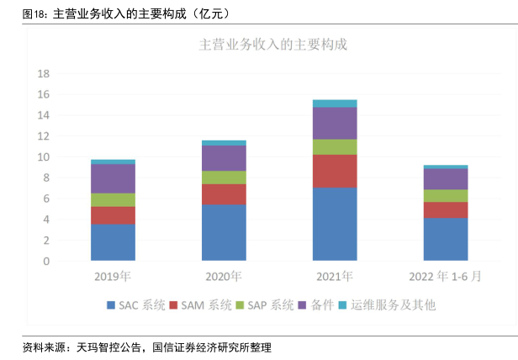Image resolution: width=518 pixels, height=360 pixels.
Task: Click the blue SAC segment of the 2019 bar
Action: [x=113, y=242]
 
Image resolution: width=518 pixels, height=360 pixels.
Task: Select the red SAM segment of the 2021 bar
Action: [x=335, y=171]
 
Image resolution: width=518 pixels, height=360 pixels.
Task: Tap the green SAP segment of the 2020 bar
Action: [x=224, y=177]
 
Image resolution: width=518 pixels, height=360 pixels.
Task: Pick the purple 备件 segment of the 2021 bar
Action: [x=335, y=123]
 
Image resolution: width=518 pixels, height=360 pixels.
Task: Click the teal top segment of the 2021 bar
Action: [x=335, y=103]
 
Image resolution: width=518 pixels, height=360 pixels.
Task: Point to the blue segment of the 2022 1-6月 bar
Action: [x=446, y=240]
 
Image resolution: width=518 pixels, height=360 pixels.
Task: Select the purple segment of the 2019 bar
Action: [x=113, y=178]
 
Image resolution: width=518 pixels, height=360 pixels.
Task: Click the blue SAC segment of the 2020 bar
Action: [x=224, y=233]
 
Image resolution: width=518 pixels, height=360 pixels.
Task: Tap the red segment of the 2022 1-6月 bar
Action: [x=446, y=209]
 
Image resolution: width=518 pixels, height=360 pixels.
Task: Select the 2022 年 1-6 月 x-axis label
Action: [x=446, y=275]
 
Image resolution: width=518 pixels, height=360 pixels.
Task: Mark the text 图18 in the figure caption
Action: [x=34, y=13]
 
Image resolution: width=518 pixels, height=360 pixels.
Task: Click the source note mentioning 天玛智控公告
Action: [x=146, y=346]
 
